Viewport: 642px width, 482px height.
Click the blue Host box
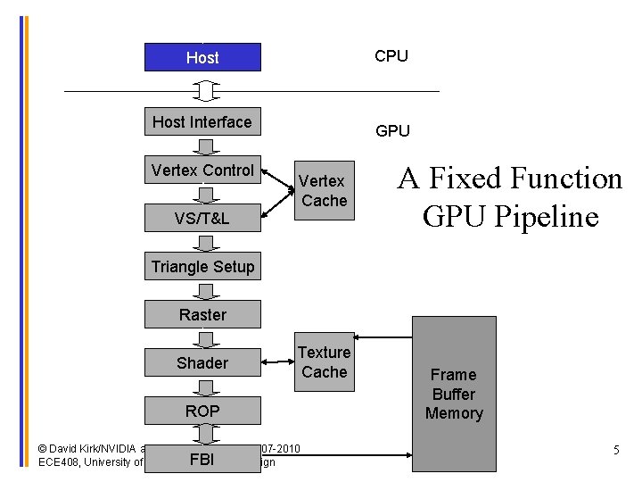(202, 57)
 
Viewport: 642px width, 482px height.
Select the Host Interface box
(202, 121)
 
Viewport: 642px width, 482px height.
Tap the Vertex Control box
(202, 170)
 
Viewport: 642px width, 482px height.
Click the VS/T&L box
(202, 218)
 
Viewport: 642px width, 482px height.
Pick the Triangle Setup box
(202, 266)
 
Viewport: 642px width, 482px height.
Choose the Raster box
(202, 314)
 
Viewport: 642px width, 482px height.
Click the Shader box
(202, 362)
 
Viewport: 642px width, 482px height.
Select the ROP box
(202, 411)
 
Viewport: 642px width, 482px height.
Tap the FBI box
(202, 460)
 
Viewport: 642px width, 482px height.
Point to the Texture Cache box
(324, 362)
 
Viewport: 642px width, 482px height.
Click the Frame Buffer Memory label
(454, 394)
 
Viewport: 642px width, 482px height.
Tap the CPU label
(391, 56)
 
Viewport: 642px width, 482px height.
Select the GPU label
(392, 131)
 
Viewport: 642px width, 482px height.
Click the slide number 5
(616, 451)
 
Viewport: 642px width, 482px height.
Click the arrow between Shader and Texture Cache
(278, 361)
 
